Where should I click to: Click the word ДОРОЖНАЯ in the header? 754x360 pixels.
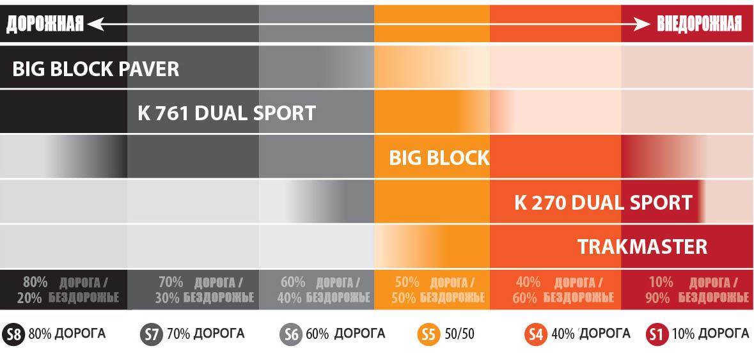[x=45, y=24]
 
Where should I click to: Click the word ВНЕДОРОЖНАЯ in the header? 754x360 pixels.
[x=699, y=24]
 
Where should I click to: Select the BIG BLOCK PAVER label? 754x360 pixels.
[x=96, y=69]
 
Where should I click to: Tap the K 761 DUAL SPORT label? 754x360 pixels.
[x=226, y=114]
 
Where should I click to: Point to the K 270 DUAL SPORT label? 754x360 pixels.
[x=603, y=203]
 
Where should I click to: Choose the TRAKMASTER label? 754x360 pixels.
[x=642, y=247]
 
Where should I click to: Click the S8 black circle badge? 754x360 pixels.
[x=13, y=334]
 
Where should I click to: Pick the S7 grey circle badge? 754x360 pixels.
[x=152, y=334]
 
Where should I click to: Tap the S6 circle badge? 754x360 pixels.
[x=291, y=334]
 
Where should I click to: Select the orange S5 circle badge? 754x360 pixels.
[x=428, y=334]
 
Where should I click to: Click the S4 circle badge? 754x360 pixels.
[x=535, y=334]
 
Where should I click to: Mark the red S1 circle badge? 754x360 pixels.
[x=657, y=334]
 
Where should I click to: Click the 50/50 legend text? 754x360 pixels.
[x=459, y=334]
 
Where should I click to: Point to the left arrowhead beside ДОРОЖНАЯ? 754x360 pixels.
[x=94, y=24]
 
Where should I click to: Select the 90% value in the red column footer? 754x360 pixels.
[x=657, y=297]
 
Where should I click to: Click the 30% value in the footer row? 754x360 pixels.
[x=168, y=297]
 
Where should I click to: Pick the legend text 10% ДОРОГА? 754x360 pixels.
[x=710, y=334]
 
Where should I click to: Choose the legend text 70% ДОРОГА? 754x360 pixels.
[x=205, y=334]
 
